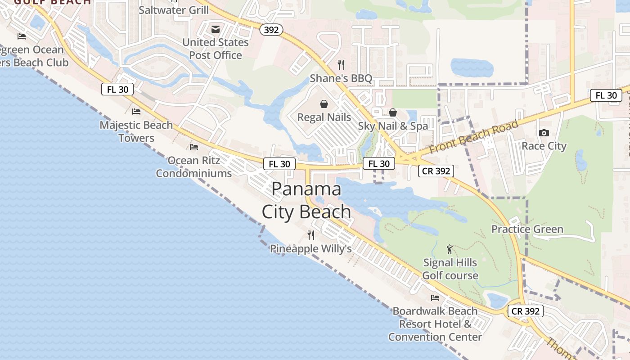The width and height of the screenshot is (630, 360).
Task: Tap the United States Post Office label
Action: pos(216,49)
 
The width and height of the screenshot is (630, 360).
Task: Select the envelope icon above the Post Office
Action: pos(216,30)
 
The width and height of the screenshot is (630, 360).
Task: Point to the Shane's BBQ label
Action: pos(341,78)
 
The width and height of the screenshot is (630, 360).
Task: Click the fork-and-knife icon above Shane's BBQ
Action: pos(341,65)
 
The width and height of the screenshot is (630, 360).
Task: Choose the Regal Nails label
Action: pos(324,117)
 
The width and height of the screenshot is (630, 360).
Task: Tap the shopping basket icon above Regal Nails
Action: pos(324,104)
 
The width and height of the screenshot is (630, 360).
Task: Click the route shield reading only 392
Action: pos(271,30)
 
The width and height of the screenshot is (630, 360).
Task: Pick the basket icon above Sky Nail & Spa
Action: pos(393,112)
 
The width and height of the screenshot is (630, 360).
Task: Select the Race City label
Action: pos(544,146)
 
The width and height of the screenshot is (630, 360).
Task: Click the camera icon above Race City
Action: pos(544,133)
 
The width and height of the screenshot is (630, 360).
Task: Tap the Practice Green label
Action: pos(527,229)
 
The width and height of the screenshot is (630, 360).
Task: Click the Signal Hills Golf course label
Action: pos(450,269)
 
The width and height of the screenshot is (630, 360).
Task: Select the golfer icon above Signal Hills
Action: pos(449,249)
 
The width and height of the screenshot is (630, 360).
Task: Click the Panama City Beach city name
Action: pos(306,200)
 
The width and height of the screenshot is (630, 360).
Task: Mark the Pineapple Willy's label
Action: pos(310,248)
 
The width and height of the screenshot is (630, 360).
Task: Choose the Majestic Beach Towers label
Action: pos(136,131)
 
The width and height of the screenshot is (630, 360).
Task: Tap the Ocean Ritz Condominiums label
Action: pos(194,166)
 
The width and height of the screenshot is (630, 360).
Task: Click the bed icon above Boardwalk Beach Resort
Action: pos(435,297)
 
